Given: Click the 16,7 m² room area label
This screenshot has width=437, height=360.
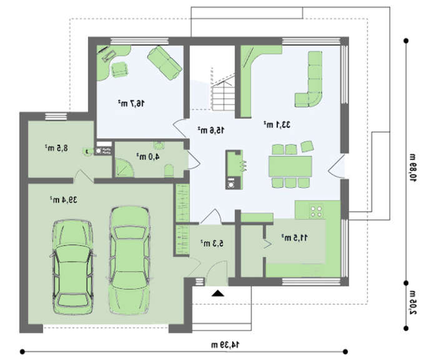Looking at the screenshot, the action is point(131,104).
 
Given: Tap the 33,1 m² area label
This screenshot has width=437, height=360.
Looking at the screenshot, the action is point(277,125).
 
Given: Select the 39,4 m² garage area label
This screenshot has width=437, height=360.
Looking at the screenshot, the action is point(64,200).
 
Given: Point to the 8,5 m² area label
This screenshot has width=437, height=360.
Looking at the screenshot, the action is point(56,148).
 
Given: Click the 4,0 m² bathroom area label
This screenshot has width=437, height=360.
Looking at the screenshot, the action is point(148,157).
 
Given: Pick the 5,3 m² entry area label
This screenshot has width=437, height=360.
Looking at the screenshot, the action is point(212,243).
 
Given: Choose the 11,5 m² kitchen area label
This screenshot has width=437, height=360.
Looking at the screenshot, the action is point(294,238).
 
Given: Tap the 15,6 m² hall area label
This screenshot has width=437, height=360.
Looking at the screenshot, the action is point(211,130).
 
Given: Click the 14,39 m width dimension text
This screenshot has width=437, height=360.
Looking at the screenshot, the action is point(225,345).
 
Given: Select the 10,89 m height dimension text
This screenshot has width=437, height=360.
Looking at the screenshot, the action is point(412,167).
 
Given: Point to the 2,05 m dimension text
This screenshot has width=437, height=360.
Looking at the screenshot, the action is point(412,302).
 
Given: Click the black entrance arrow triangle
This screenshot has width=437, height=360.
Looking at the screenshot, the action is point(218,293).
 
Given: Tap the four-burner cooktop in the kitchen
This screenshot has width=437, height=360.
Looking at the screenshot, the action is point(317,212).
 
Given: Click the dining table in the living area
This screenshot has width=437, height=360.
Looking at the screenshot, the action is point(290,166).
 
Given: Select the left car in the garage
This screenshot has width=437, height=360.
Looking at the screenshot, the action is point(73,266).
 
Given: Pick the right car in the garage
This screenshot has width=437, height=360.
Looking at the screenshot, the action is point(129,261).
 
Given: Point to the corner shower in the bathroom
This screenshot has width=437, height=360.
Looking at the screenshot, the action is point(124,167).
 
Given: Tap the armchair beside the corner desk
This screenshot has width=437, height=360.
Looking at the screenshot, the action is point(120,70).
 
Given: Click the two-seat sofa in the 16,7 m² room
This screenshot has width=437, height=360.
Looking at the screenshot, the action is point(165,62).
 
